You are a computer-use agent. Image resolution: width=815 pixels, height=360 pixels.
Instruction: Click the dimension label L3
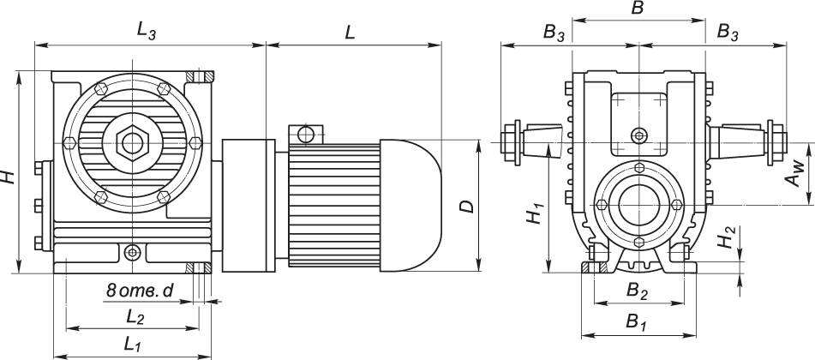147,31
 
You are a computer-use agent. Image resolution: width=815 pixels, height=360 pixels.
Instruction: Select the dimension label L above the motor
350,33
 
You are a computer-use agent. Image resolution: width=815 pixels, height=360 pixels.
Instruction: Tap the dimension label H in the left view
9,177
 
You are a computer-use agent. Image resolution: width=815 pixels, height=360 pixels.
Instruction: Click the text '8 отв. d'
140,292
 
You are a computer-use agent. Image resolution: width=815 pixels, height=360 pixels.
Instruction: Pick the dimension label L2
135,317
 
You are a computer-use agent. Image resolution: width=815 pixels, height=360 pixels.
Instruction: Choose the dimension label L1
131,345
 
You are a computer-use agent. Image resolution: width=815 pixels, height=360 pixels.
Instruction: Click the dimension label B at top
637,9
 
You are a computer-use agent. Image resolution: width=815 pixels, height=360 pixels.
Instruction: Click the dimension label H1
535,215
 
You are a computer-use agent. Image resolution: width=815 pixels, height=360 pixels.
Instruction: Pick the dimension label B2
636,292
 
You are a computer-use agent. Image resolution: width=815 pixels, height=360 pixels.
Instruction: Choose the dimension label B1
635,323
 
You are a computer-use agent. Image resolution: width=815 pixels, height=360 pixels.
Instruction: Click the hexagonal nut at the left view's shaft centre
131,139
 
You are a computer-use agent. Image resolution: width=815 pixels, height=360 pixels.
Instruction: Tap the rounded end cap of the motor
411,203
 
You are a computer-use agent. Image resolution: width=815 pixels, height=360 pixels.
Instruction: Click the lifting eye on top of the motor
304,134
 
